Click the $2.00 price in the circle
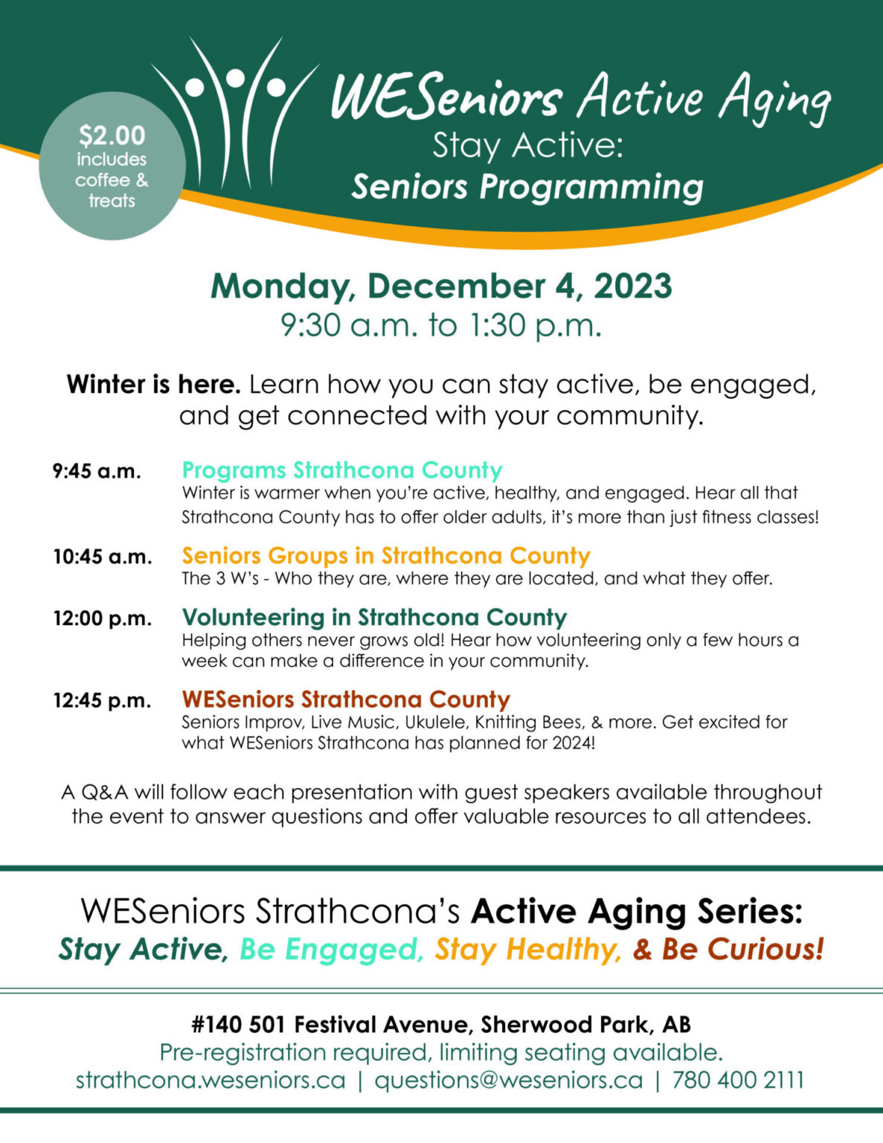tap(112, 135)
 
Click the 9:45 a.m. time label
tap(97, 471)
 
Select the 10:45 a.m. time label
tap(102, 557)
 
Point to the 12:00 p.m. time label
tap(102, 618)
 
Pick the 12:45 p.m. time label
tap(102, 700)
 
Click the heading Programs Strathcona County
tap(342, 470)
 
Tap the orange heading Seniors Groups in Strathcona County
tap(386, 556)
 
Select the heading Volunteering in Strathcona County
tap(374, 618)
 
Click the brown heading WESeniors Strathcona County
tap(346, 699)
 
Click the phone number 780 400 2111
tap(738, 1080)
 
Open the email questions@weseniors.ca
tap(508, 1080)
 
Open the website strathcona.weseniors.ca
tap(211, 1080)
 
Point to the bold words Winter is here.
tap(153, 385)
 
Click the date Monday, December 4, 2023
tap(441, 286)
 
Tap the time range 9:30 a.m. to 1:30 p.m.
tap(441, 325)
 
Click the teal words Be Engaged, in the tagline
tap(332, 950)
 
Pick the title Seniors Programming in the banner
tap(527, 187)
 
